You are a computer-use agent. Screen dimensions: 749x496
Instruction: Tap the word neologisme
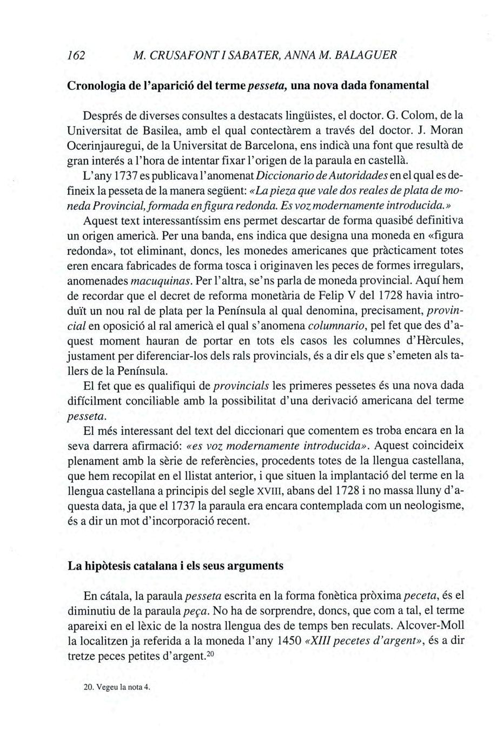click(433, 507)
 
